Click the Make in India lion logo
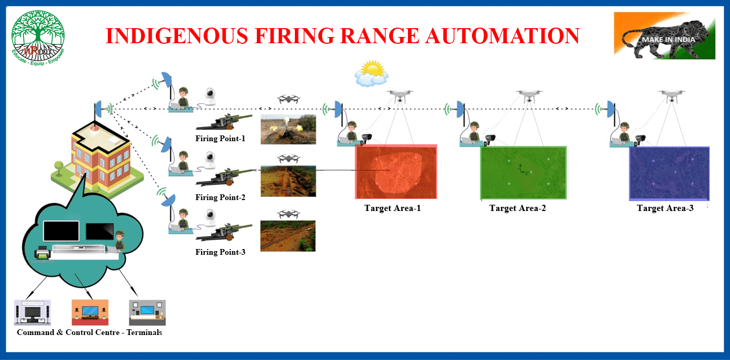(664, 35)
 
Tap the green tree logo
(38, 37)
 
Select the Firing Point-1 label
(220, 139)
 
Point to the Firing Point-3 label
(220, 252)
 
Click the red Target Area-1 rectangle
(396, 172)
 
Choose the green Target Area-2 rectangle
(523, 173)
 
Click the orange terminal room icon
(90, 312)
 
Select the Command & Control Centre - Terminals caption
(89, 332)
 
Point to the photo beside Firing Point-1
(288, 129)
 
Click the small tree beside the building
(58, 167)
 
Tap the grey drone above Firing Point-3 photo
(288, 213)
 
